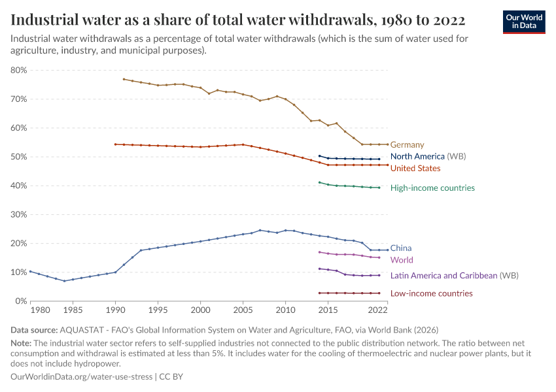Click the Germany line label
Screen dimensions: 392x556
407,145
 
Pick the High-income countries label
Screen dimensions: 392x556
432,188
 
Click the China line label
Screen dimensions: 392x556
401,248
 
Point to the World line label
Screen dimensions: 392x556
402,260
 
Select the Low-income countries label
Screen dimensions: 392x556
431,294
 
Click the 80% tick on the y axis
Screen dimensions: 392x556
18,71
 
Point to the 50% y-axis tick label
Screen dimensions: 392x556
18,157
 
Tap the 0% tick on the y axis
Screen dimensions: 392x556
21,301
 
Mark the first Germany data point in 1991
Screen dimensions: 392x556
124,79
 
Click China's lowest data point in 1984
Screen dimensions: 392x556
64,281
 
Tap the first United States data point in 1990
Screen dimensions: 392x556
115,144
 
